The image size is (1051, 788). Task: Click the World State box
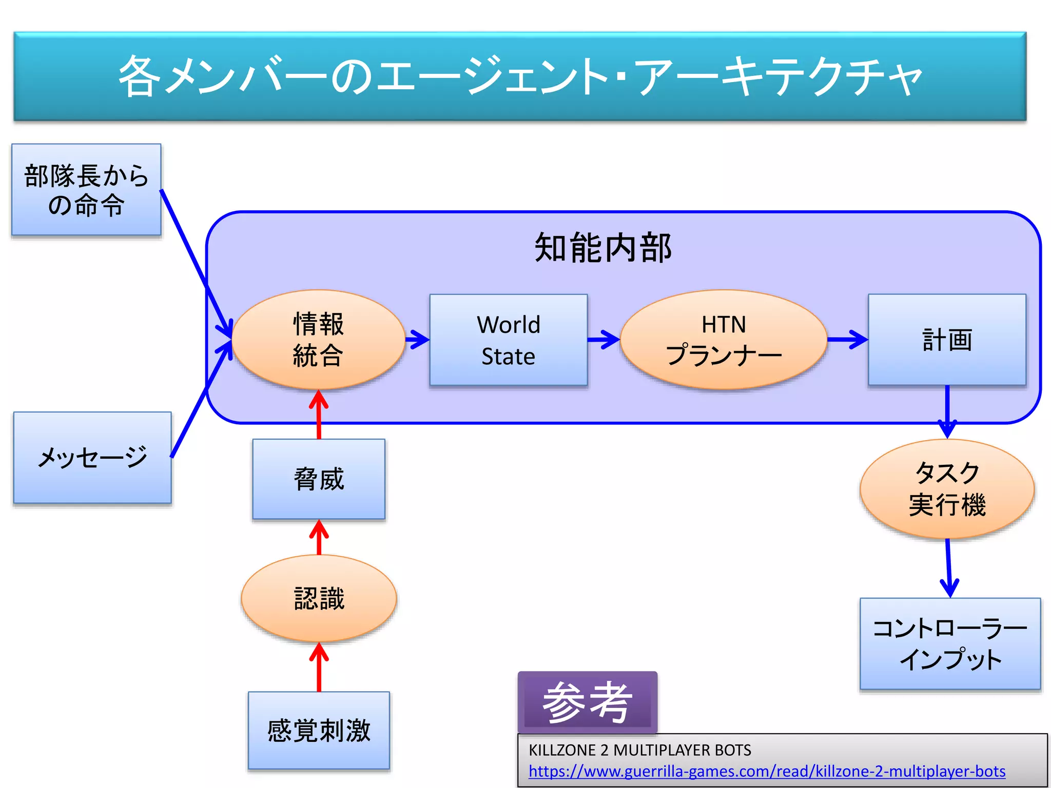pos(508,340)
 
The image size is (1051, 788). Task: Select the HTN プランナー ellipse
pos(723,340)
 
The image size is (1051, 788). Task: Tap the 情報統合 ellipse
pos(318,340)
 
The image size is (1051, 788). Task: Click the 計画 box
pos(947,340)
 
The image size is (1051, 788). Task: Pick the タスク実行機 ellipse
pos(947,488)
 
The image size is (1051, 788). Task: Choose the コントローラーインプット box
pos(950,643)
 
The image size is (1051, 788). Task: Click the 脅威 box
pos(319,479)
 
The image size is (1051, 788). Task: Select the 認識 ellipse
pos(319,598)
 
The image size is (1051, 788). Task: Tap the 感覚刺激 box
pos(319,730)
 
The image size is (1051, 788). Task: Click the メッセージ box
pos(92,457)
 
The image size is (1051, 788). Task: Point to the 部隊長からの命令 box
pos(86,190)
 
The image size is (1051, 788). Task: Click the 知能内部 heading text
pos(602,248)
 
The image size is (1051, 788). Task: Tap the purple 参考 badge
pos(587,702)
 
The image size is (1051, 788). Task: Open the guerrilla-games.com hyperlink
pos(767,771)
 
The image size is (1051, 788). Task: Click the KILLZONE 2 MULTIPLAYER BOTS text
pos(639,750)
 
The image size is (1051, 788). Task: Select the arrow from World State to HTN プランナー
pos(604,339)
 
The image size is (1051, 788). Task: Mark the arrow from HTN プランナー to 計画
pos(847,339)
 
